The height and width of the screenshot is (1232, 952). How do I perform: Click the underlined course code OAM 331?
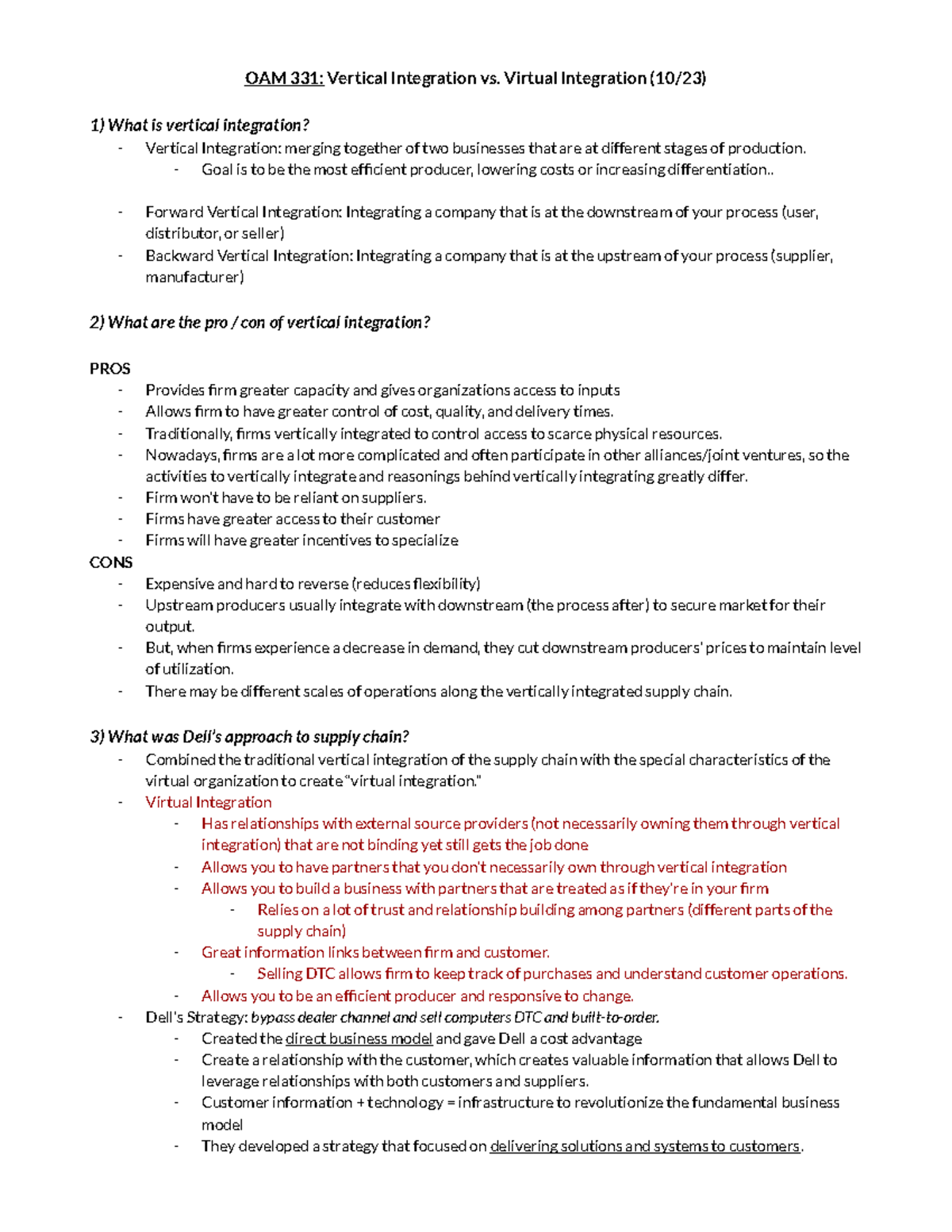coord(283,78)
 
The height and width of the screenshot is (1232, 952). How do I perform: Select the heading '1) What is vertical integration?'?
coord(199,125)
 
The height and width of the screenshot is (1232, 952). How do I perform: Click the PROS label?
coord(109,368)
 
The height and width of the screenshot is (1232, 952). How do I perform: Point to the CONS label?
coord(110,562)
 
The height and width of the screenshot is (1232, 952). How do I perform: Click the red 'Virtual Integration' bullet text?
coord(208,802)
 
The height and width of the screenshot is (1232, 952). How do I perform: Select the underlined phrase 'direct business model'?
coord(359,1038)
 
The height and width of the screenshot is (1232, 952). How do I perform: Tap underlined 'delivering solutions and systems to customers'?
coord(645,1146)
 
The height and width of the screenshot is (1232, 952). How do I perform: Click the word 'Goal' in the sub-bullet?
coord(217,170)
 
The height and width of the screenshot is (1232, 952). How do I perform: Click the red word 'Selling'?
coord(280,973)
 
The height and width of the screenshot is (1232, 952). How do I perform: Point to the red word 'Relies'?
coord(278,910)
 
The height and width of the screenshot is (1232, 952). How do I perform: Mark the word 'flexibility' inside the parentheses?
coord(445,584)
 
